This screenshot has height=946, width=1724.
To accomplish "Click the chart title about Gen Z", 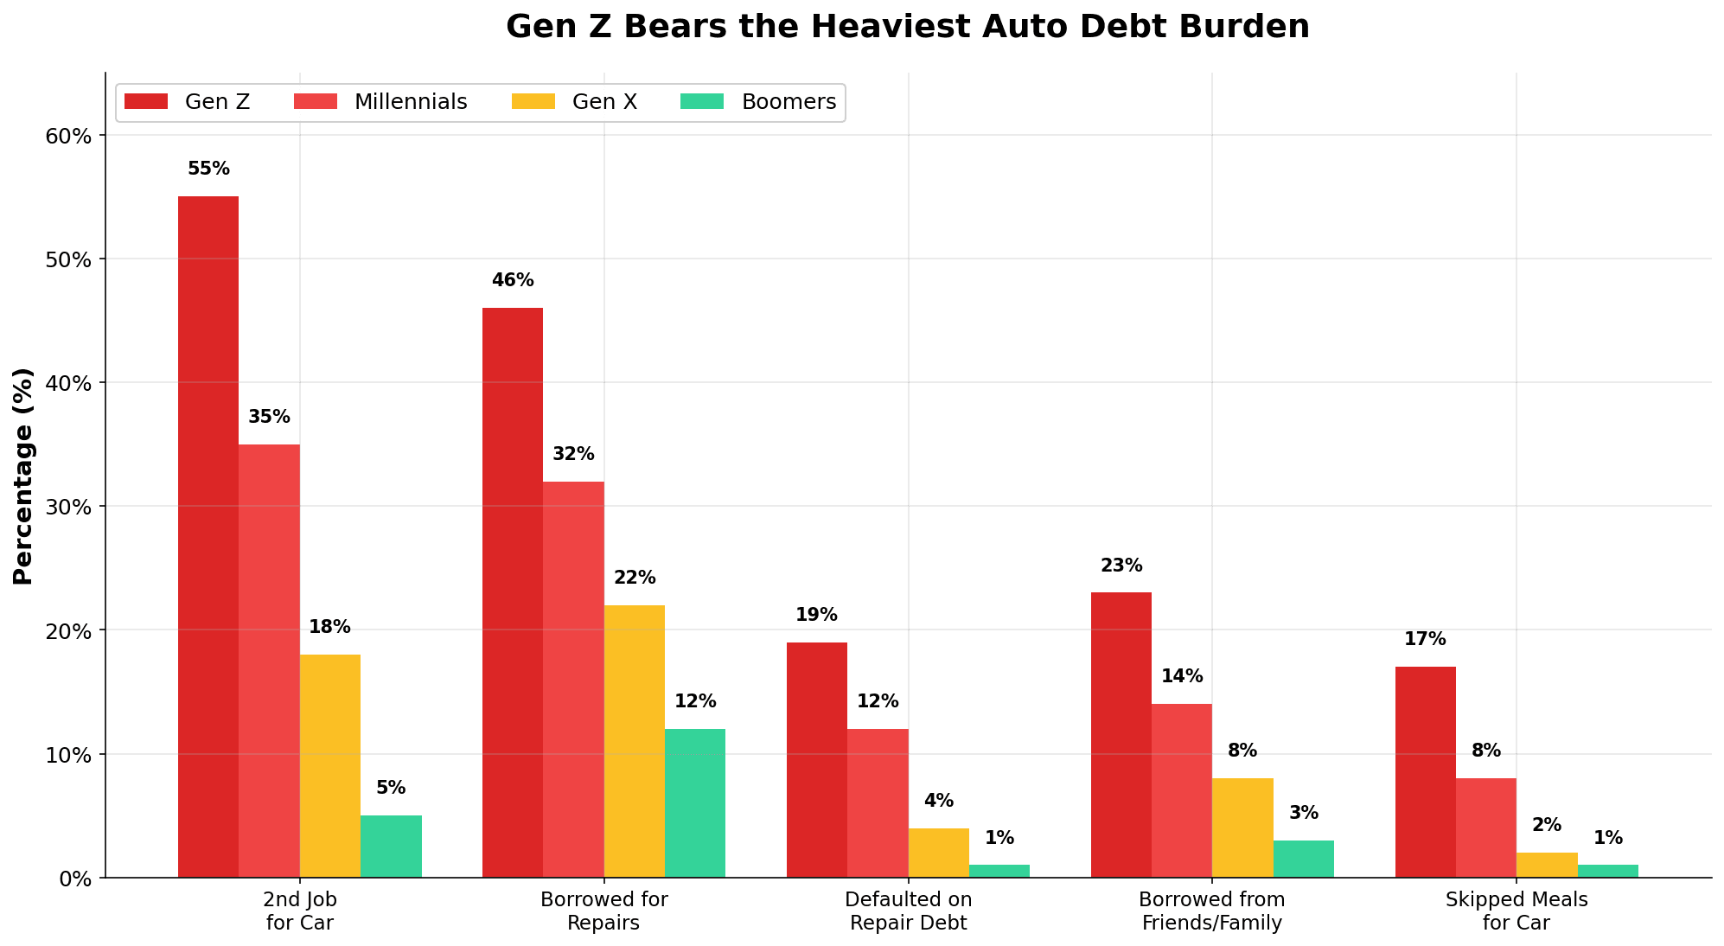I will [x=907, y=27].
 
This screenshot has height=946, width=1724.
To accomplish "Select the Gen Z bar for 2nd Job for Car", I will [x=208, y=536].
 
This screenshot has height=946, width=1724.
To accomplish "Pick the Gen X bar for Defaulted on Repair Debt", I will [x=938, y=853].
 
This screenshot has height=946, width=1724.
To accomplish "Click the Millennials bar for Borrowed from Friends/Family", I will [x=1181, y=790].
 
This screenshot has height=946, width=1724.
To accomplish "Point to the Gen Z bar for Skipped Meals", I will [x=1425, y=771].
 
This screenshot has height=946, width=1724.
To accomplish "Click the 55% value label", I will [x=208, y=169].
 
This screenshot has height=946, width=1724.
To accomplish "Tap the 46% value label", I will [x=513, y=281].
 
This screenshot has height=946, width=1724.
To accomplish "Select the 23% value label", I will [x=1121, y=566].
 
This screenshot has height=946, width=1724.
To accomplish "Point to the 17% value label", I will [x=1425, y=640].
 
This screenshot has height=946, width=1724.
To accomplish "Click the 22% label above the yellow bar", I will [x=635, y=578].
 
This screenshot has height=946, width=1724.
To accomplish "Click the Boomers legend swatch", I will [x=702, y=102].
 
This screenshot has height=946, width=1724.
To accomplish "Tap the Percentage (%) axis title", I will [x=23, y=476].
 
